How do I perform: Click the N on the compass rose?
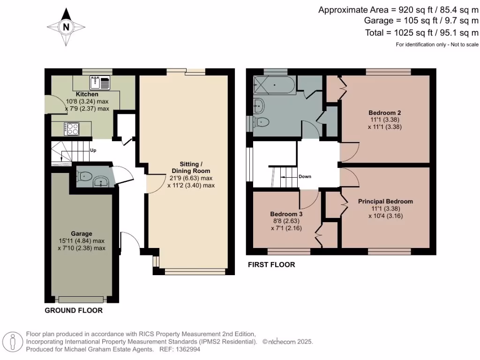point(66,27)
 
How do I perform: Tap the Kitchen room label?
point(87,94)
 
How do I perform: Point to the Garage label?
point(82,233)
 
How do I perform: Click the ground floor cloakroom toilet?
point(85,177)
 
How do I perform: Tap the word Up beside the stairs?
point(93,151)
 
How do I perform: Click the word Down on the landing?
point(305,177)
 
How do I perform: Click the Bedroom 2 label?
point(384,113)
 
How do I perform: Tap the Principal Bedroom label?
point(385,202)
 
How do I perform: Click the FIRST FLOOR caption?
point(271,265)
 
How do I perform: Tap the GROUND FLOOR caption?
point(74,311)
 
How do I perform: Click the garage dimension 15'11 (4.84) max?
point(82,241)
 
